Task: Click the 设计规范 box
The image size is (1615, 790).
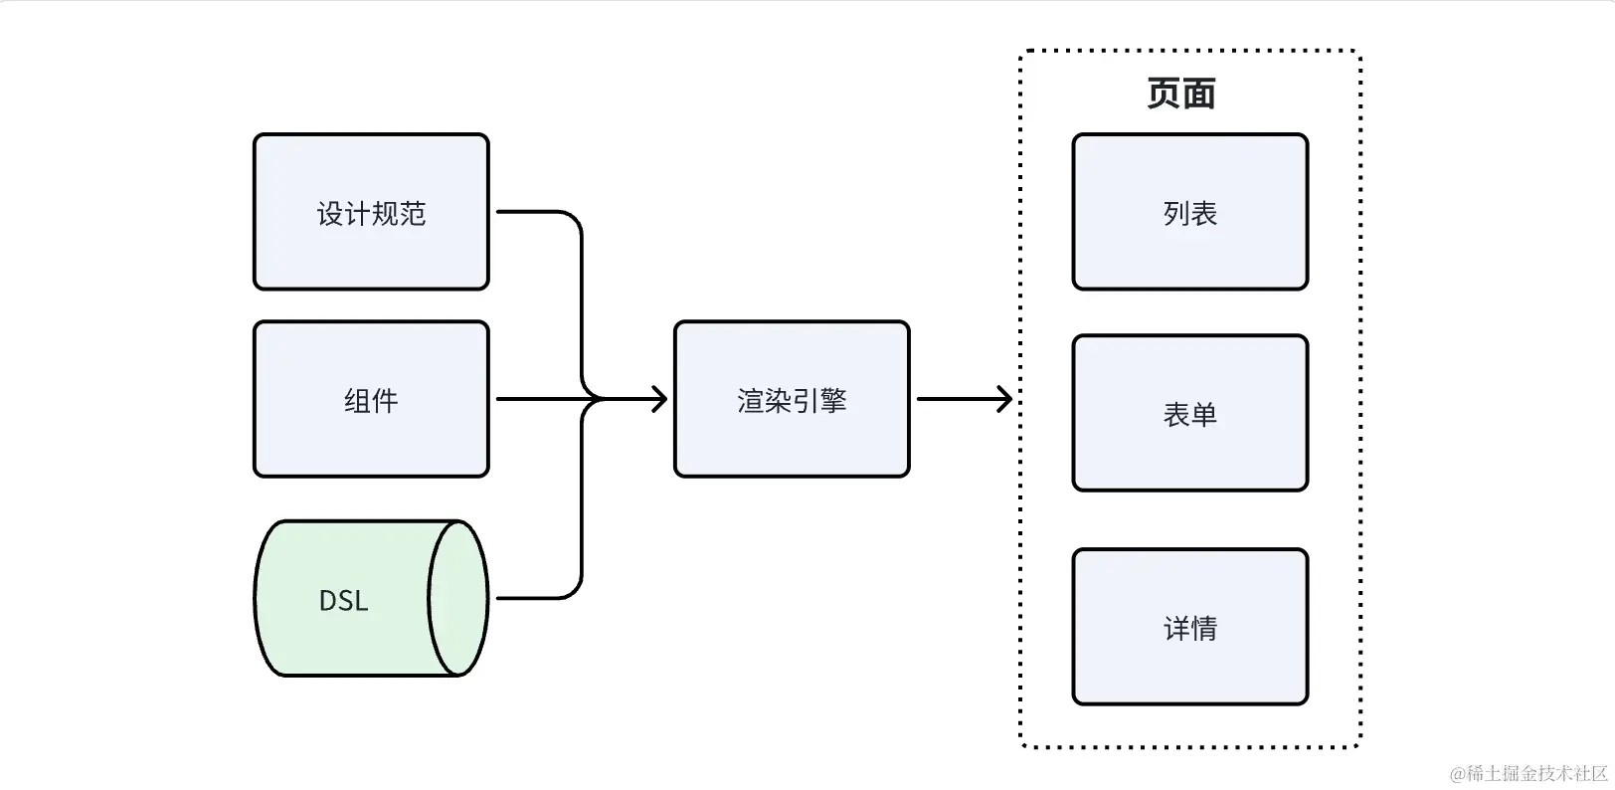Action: [x=371, y=211]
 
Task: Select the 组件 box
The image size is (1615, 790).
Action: [x=371, y=399]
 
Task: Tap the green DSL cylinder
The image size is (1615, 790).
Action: [x=371, y=598]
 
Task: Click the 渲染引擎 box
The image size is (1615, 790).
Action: [x=792, y=399]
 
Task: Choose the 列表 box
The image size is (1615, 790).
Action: [x=1190, y=211]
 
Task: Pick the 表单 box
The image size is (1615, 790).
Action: [x=1190, y=413]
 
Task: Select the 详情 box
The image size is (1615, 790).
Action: [x=1190, y=627]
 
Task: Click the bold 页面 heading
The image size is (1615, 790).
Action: [x=1181, y=94]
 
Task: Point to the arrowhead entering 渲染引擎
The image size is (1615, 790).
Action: [x=659, y=399]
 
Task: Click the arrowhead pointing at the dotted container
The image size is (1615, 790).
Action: [x=1004, y=399]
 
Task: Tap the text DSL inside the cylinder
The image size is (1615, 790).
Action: [x=343, y=600]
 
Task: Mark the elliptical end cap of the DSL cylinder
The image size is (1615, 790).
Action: [x=458, y=598]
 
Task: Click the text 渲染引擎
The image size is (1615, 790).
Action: [x=792, y=400]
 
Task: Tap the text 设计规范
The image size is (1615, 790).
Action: [x=371, y=214]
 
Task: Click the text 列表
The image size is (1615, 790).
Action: [x=1190, y=214]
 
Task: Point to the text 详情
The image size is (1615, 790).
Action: [x=1190, y=629]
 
